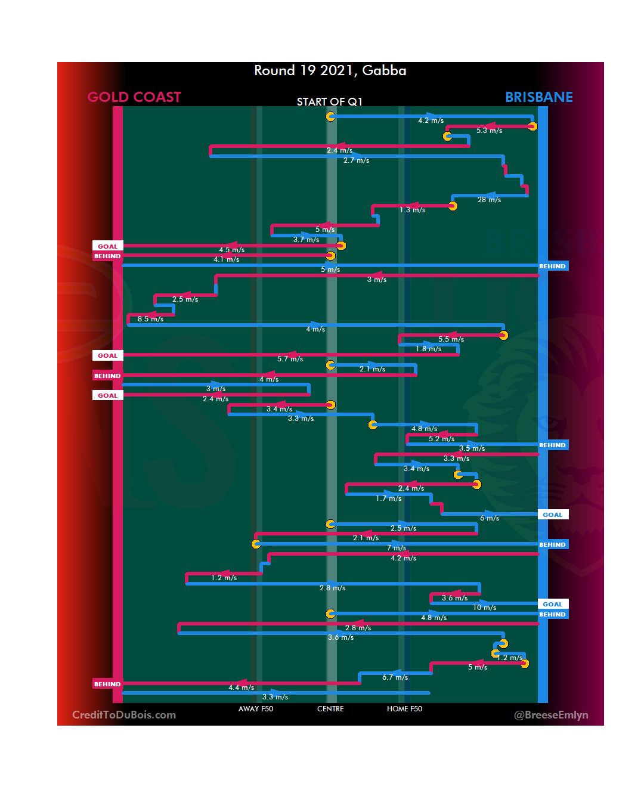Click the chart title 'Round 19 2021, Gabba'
tap(330, 71)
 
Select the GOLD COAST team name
tap(134, 97)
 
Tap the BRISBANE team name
tap(538, 97)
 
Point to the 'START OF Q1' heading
tap(329, 102)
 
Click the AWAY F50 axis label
tap(255, 709)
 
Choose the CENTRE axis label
tap(330, 709)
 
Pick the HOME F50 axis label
tap(404, 709)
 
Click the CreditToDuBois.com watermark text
tap(124, 715)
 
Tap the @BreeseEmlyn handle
tap(551, 715)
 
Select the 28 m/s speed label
tap(489, 200)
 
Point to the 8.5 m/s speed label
tap(150, 319)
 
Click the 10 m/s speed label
tap(484, 608)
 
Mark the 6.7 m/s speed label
tap(395, 677)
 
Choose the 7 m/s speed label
tap(397, 548)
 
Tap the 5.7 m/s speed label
tap(290, 359)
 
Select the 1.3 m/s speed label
tap(412, 210)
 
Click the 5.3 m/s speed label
tap(489, 131)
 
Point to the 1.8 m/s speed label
tap(429, 349)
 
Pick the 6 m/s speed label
tap(490, 518)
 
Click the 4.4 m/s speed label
tap(241, 687)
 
